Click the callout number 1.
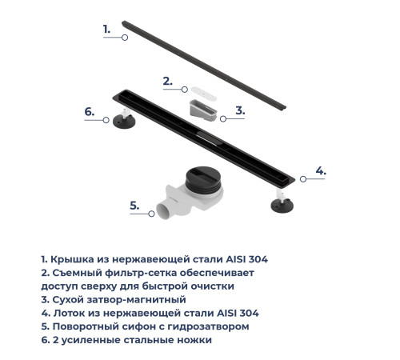click(x=107, y=28)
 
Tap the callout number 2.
click(x=166, y=80)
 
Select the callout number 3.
click(x=239, y=110)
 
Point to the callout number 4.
click(x=320, y=170)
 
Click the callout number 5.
click(x=134, y=205)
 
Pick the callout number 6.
click(x=90, y=112)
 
